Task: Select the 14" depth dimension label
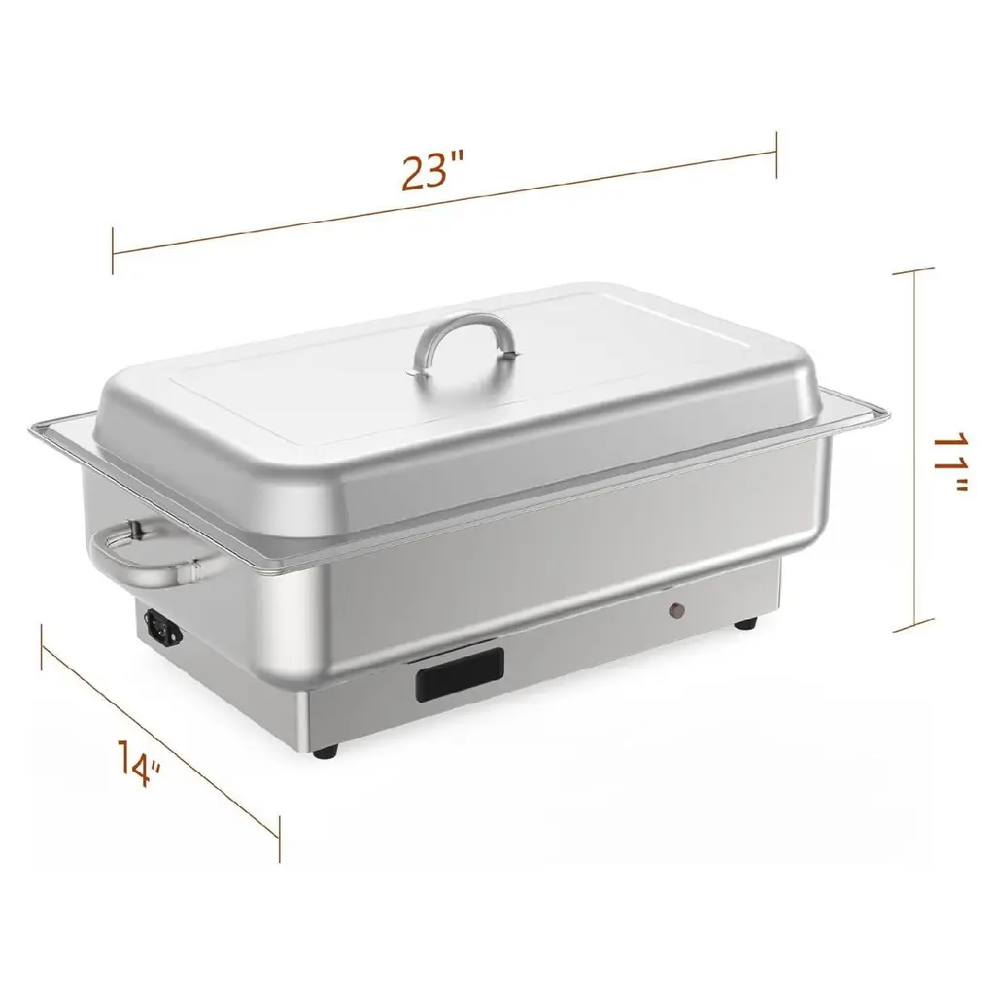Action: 138,763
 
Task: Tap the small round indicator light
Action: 678,610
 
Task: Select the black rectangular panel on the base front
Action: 460,674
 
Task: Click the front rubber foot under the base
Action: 326,751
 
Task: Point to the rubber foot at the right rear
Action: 745,624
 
